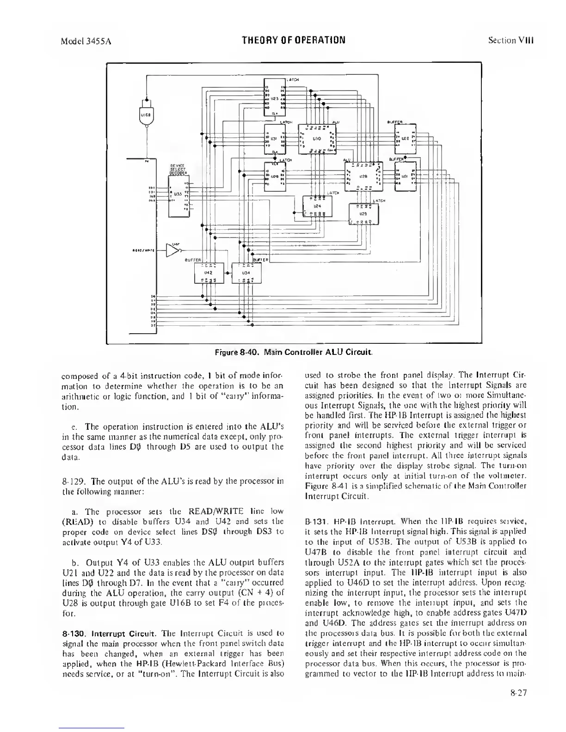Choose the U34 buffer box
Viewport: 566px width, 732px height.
pyautogui.click(x=246, y=273)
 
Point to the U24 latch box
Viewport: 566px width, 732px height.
pyautogui.click(x=317, y=206)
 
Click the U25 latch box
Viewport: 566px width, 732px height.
pyautogui.click(x=363, y=214)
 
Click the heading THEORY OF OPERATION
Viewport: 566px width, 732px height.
pyautogui.click(x=294, y=39)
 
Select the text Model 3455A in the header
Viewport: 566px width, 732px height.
pyautogui.click(x=87, y=40)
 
